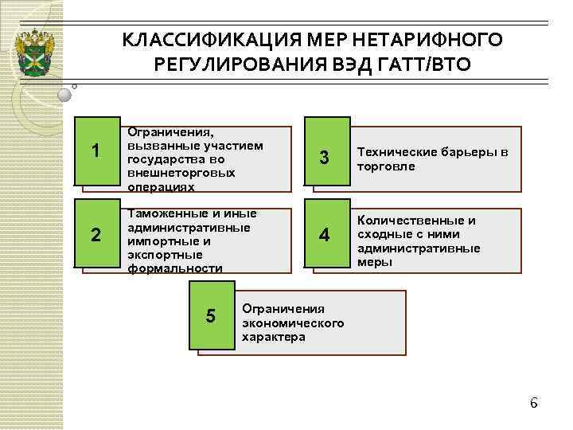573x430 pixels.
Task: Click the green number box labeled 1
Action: pos(95,150)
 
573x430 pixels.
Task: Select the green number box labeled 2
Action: pos(95,235)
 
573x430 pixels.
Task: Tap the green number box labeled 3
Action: pos(324,157)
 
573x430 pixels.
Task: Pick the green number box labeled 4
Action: pos(324,235)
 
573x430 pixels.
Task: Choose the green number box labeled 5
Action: pos(210,316)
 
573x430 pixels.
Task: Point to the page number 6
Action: pos(534,403)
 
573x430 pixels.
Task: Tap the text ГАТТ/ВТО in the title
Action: pos(429,64)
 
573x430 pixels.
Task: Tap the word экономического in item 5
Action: pos(293,322)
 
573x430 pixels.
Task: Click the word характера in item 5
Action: pos(274,336)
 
